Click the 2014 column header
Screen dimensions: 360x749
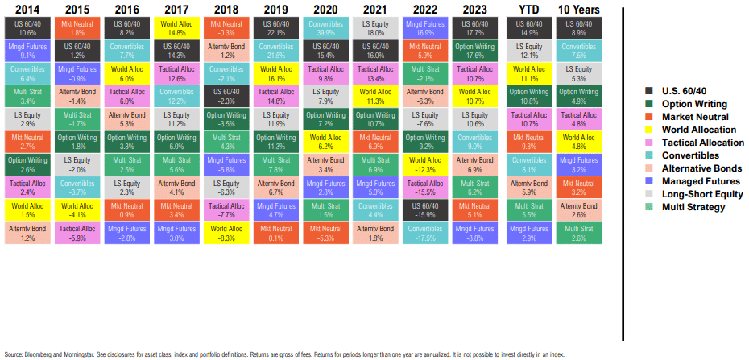tap(27, 9)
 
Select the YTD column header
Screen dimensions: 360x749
tap(529, 9)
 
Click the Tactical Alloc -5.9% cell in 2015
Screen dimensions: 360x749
tap(77, 234)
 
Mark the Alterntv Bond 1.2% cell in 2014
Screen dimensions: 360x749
tap(27, 234)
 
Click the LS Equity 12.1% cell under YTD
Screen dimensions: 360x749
tap(529, 51)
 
